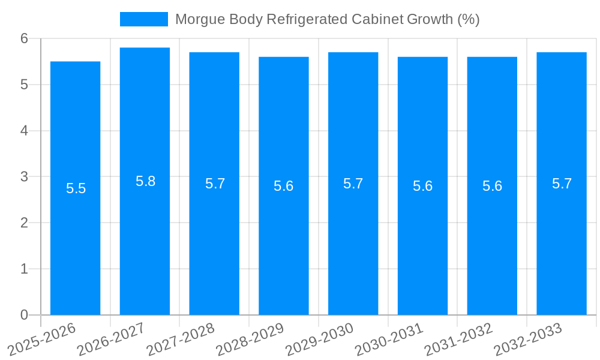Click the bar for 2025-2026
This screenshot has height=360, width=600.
coord(75,240)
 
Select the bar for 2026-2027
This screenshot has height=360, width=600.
coord(145,240)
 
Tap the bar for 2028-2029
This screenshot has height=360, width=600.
coord(284,240)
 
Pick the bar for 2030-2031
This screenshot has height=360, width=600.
coord(422,240)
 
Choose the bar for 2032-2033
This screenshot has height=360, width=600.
coord(562,240)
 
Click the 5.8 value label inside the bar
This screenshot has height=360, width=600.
coord(145,181)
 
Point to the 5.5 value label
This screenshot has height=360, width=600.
coord(76,188)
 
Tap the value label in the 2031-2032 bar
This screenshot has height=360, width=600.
coord(492,186)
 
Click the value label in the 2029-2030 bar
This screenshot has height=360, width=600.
coord(353,184)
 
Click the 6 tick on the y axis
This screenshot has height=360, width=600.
coord(24,38)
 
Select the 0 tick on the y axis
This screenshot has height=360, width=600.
coord(24,315)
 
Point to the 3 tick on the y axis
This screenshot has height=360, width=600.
coord(24,177)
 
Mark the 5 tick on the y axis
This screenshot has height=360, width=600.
coord(24,85)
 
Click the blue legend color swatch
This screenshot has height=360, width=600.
coord(144,19)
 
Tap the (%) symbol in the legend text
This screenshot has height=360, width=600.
coord(468,19)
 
